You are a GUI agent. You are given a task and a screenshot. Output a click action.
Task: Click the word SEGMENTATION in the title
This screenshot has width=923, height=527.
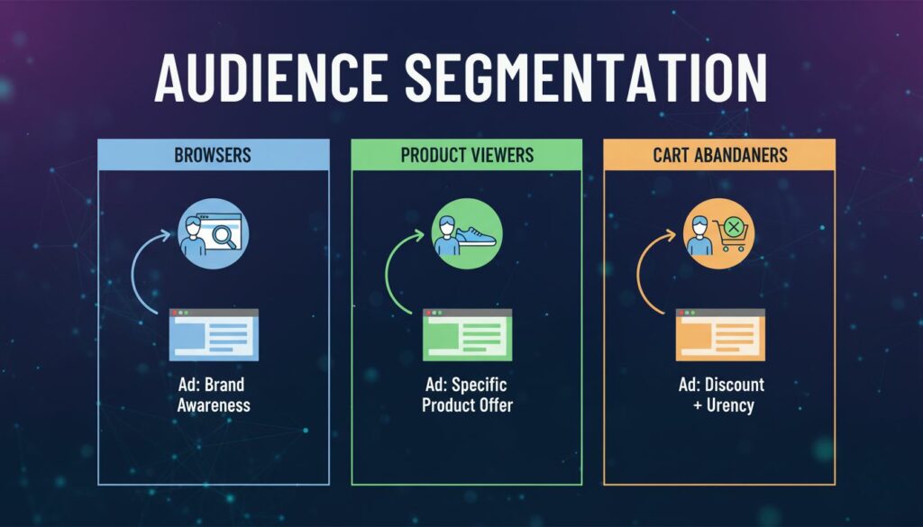click(586, 78)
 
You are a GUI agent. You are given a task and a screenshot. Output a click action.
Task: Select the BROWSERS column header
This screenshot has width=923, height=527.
click(213, 155)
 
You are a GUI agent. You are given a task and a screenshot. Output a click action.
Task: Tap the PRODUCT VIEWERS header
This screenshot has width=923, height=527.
click(467, 155)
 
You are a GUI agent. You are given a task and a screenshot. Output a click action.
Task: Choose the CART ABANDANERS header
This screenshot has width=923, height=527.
click(720, 155)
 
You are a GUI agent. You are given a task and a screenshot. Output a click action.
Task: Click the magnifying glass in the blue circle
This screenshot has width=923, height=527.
click(224, 236)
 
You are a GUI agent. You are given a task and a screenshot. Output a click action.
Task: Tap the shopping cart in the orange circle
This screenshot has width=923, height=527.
click(730, 234)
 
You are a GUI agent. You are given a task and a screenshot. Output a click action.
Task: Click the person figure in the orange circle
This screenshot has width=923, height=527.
click(699, 235)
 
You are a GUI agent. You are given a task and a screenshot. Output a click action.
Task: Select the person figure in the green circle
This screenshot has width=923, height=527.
click(447, 235)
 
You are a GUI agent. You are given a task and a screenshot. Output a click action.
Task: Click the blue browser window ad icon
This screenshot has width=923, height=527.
click(214, 335)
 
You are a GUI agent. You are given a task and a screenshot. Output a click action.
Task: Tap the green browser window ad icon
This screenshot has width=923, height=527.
click(468, 335)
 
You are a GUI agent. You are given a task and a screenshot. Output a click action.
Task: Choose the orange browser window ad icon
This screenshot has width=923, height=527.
click(720, 335)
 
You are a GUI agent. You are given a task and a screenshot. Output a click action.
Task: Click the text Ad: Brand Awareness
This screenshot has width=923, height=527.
click(213, 395)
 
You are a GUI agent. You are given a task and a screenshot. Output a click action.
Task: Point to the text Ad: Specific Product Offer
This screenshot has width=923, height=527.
click(468, 395)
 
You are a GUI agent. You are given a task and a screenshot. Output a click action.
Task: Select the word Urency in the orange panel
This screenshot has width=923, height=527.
click(730, 406)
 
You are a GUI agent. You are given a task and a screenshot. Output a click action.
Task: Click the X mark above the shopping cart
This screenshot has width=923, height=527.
click(734, 227)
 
